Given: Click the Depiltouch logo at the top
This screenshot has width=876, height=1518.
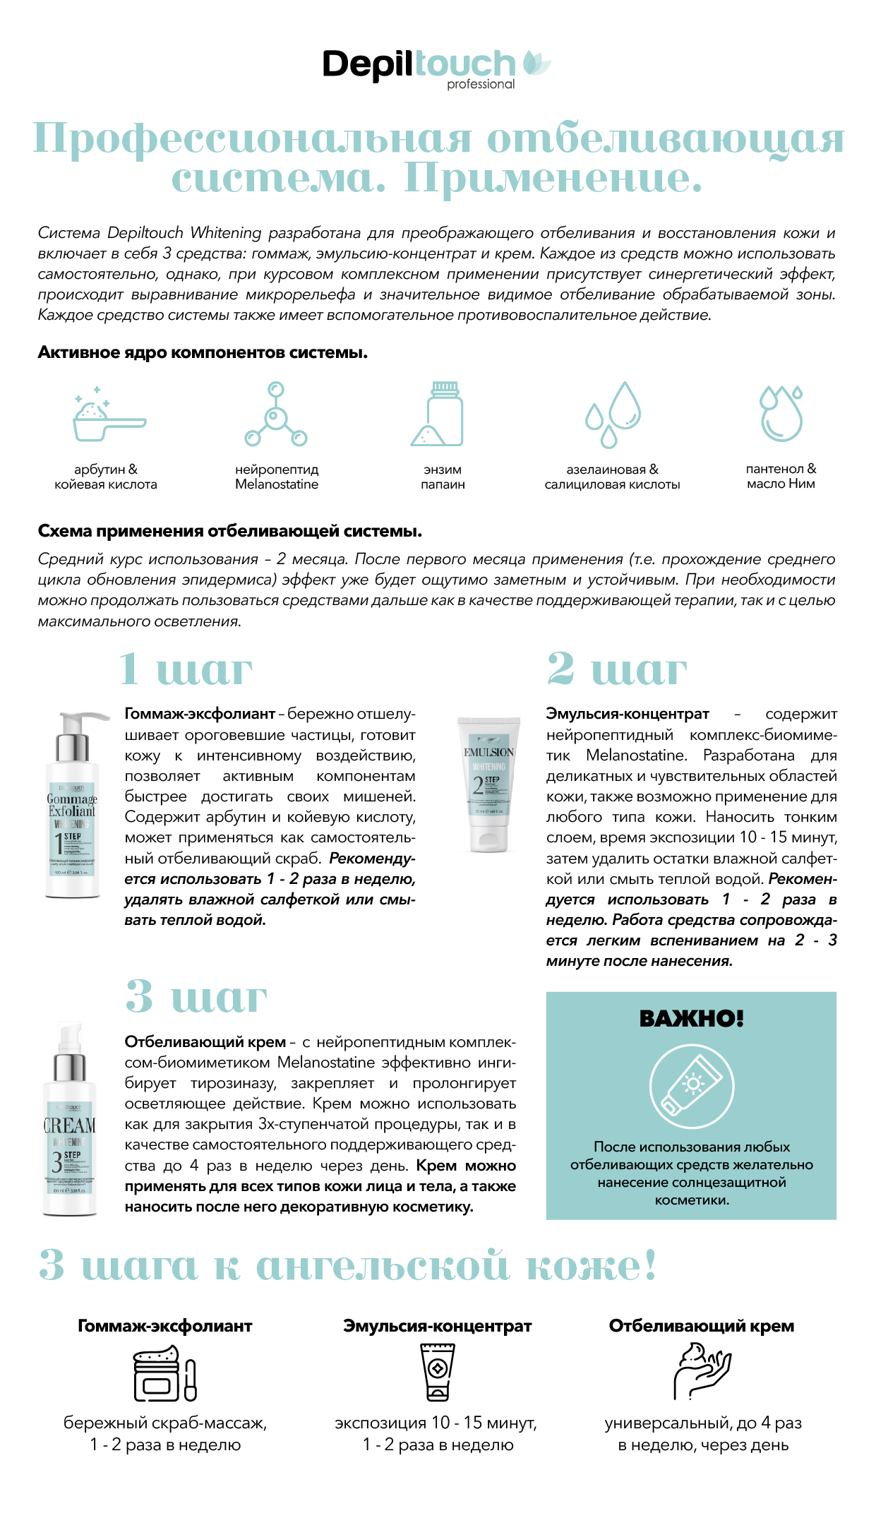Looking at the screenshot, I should pyautogui.click(x=419, y=66).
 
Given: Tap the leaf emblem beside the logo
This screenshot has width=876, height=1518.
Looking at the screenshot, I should pyautogui.click(x=536, y=64).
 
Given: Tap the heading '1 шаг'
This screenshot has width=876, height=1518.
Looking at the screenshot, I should pyautogui.click(x=186, y=669).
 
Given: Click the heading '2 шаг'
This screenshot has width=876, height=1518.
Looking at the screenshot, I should pyautogui.click(x=617, y=669).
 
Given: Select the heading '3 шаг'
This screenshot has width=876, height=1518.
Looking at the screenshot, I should pyautogui.click(x=196, y=997).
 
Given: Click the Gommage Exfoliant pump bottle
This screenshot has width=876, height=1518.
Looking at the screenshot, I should pyautogui.click(x=73, y=806).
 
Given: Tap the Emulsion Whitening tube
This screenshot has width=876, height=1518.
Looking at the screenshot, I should pyautogui.click(x=489, y=784).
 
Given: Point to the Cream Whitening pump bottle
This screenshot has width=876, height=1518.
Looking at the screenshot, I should pyautogui.click(x=69, y=1119).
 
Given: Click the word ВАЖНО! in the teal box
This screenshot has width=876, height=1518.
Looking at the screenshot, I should pyautogui.click(x=691, y=1019).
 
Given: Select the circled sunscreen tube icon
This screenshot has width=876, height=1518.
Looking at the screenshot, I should pyautogui.click(x=691, y=1086).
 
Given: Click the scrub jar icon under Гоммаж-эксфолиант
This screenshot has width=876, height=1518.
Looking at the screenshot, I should pyautogui.click(x=164, y=1373).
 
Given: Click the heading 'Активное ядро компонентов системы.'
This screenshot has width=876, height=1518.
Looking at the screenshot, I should pyautogui.click(x=203, y=352).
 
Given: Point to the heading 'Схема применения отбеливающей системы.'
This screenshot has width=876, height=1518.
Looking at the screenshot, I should pyautogui.click(x=229, y=531).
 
